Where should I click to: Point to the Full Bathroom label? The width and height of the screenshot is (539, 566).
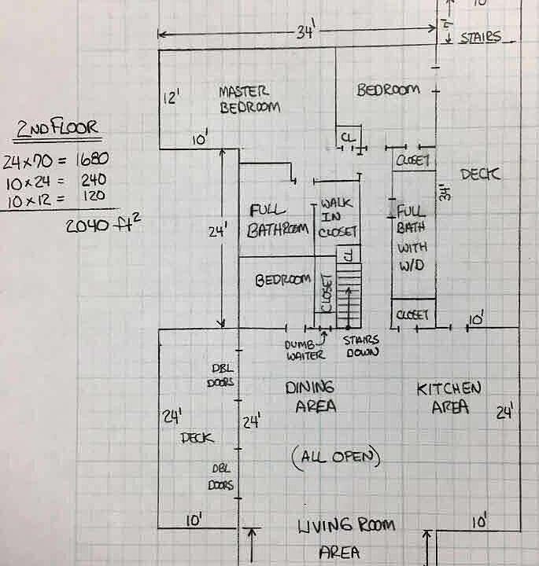pos(278,220)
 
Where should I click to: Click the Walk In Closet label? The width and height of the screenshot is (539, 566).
pos(338,218)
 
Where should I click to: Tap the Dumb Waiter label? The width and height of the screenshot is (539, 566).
pos(304,348)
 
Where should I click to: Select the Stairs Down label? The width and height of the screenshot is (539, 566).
pos(361,347)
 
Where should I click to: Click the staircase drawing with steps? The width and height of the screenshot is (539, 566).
pos(348,295)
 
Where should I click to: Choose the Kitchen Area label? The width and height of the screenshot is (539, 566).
pos(449,397)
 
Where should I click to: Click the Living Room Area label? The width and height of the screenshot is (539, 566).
pos(346,537)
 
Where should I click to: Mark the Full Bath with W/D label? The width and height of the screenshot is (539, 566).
pos(412,238)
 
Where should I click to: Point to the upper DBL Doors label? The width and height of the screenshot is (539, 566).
pos(223,375)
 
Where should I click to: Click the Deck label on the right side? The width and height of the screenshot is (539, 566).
pos(480,174)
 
